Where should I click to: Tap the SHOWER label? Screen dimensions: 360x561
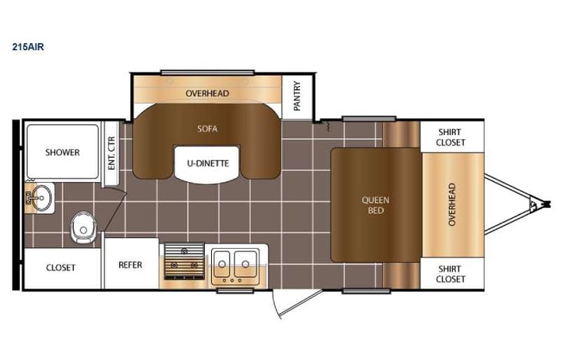(62, 152)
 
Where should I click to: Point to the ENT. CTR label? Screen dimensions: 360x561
(111, 154)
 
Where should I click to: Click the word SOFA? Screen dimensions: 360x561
(206, 129)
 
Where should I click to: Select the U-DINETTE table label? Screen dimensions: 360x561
(206, 162)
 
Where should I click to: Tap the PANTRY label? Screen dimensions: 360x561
(297, 95)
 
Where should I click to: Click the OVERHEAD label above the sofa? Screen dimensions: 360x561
(206, 94)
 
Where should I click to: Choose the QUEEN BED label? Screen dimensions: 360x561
(375, 204)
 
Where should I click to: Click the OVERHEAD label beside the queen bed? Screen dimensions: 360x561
(452, 204)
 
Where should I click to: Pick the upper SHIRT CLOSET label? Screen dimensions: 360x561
(451, 137)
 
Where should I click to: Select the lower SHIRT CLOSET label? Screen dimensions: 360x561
(451, 273)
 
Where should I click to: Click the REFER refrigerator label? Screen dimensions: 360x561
(130, 266)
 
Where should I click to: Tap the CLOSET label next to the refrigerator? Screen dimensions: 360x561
(61, 267)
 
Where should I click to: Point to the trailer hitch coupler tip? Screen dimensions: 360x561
(547, 204)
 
